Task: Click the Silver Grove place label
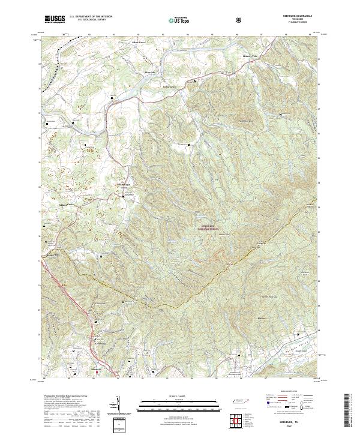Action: (140, 44)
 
